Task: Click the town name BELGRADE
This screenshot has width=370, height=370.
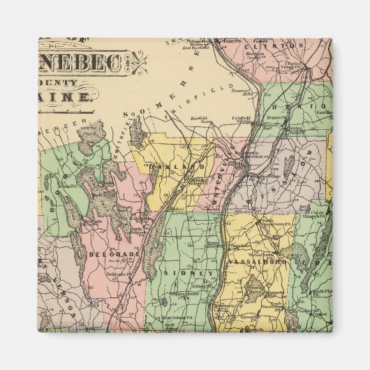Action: [106, 255]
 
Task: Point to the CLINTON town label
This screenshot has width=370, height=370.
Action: [286, 46]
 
